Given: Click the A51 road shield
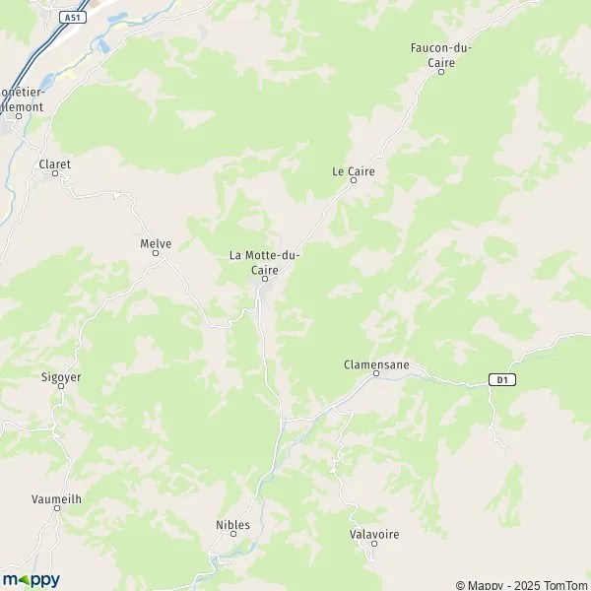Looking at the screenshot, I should [x=72, y=18].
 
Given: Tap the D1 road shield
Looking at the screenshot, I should [x=502, y=379].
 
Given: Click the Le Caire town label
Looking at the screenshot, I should [x=354, y=170].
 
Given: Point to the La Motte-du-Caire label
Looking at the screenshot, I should [x=265, y=262].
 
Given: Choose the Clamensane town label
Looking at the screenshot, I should [x=376, y=363].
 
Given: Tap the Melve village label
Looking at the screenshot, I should [x=156, y=242].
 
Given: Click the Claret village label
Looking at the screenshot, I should [x=55, y=164].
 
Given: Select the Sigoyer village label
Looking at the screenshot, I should [x=60, y=375].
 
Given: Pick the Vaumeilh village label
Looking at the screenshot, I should [x=56, y=499].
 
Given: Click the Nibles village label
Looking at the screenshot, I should [x=233, y=525].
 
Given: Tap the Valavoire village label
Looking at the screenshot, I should [x=374, y=534].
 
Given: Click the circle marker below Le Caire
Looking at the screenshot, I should [x=354, y=180].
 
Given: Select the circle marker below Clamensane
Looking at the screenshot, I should [x=376, y=373].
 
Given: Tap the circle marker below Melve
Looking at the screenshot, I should [x=156, y=253].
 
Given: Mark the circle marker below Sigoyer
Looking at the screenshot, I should [x=60, y=385].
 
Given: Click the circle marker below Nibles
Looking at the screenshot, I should [x=233, y=536].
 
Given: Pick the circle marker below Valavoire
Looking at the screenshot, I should [x=374, y=545].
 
